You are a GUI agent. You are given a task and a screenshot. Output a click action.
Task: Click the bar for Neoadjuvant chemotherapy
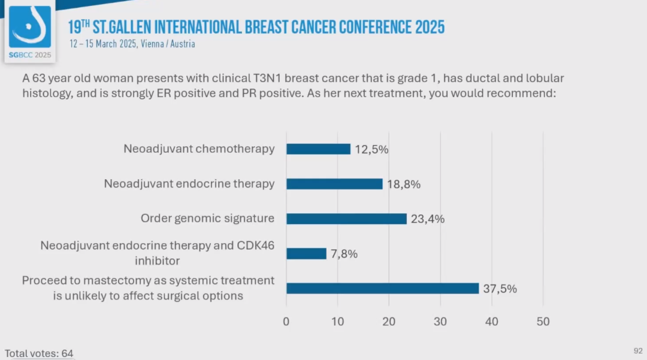pos(318,149)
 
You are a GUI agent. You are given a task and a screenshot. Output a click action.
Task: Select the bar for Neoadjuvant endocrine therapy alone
pos(334,184)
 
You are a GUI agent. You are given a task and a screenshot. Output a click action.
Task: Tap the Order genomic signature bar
pos(346,219)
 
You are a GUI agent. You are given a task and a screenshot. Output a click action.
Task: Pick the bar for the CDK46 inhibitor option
pos(306,253)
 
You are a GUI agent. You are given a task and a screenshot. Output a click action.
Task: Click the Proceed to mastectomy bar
pos(382,288)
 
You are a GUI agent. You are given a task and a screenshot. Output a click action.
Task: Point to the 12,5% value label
pos(371,149)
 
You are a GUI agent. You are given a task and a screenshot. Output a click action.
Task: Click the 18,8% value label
pos(404,184)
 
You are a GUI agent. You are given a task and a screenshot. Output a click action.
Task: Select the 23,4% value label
pos(428,219)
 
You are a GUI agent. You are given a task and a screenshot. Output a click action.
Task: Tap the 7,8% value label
pos(344,253)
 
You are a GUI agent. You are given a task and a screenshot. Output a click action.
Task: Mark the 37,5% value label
pos(500,288)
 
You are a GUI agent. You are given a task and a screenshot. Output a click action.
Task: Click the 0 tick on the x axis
pos(286,322)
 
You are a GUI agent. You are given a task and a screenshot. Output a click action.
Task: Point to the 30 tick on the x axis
pos(440,322)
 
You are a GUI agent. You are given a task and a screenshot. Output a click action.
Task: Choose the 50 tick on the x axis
pos(543,322)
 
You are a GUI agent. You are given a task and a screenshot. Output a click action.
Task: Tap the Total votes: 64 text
pos(39,353)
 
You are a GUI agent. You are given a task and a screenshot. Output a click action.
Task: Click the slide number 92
pos(638,350)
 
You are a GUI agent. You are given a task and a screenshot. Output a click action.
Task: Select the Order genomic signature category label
pos(207,219)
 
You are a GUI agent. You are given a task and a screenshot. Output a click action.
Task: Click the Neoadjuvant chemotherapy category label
pos(199,149)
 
